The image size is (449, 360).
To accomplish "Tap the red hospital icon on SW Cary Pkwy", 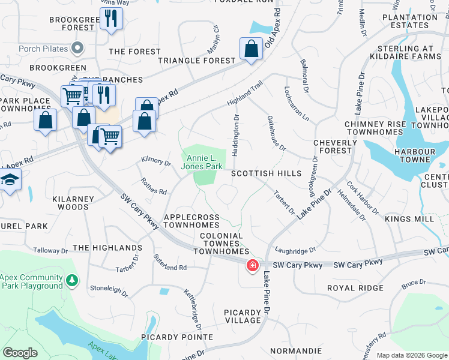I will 253,265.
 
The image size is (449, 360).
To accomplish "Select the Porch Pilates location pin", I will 77,47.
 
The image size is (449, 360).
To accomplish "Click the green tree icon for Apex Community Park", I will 71,280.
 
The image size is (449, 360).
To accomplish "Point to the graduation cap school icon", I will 9,180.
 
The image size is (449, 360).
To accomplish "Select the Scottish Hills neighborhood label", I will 266,173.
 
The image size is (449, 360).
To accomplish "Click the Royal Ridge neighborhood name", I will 355,288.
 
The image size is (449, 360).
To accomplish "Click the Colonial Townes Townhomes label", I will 221,244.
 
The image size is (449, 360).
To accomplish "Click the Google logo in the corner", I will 20,353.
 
